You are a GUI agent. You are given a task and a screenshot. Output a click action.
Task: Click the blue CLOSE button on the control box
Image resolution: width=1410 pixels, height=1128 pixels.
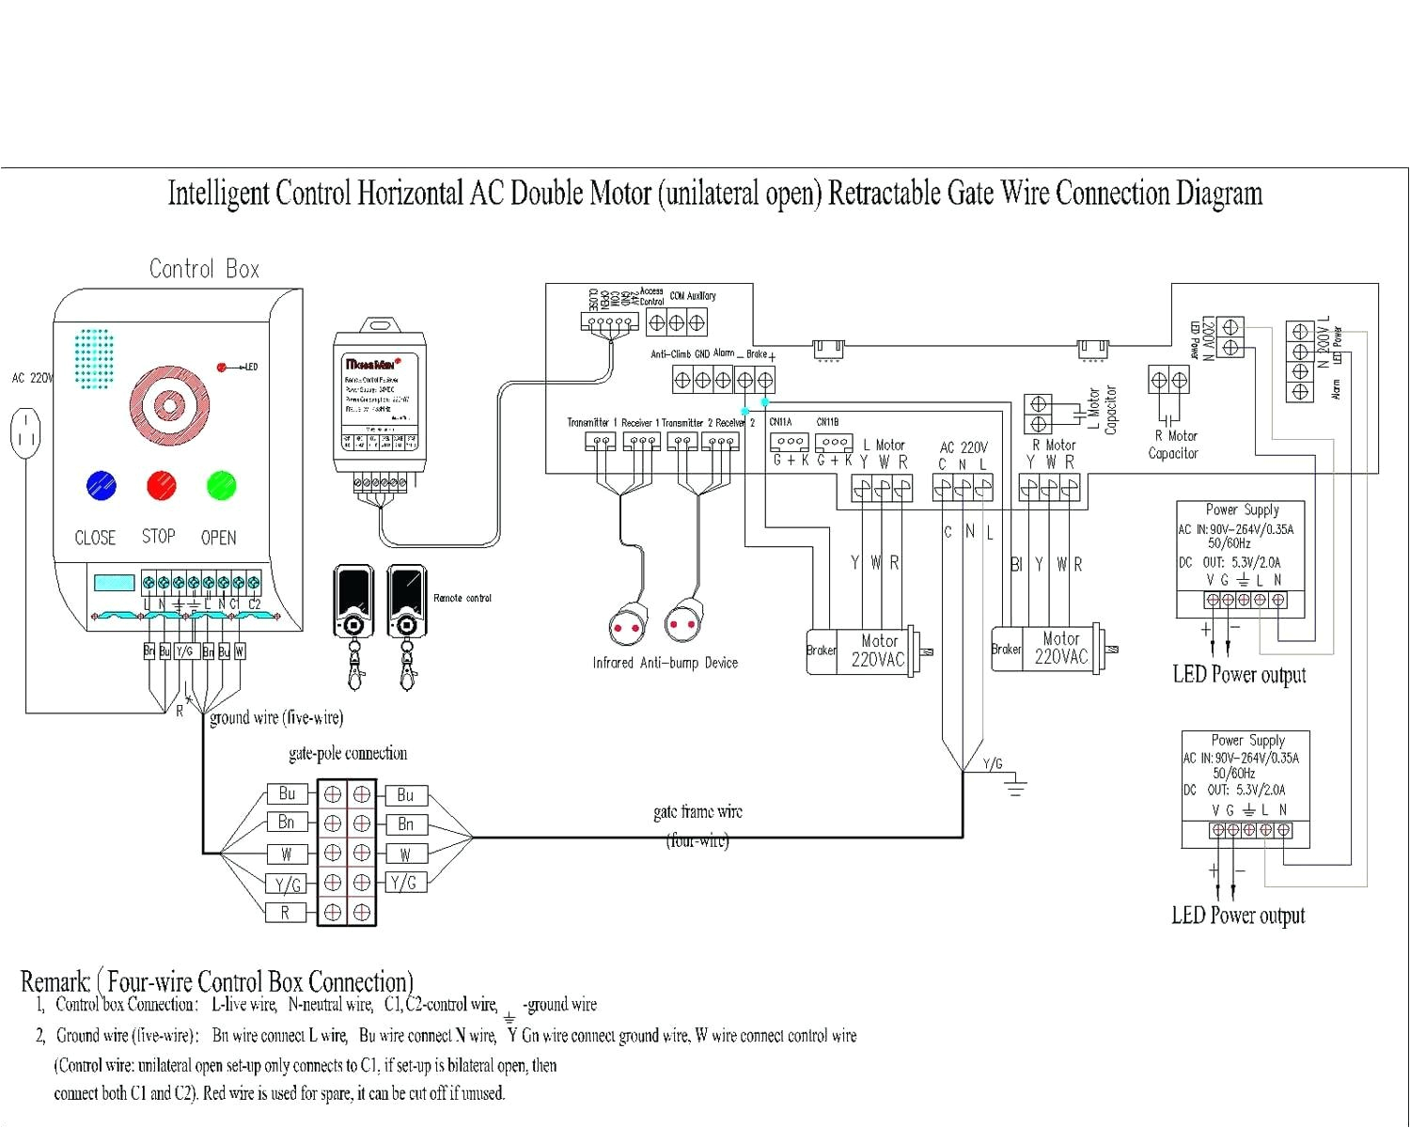point(101,486)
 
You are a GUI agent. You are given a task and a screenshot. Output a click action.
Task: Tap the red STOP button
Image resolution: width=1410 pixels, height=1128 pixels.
point(162,486)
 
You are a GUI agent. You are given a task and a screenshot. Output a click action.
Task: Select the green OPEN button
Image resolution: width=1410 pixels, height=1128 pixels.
point(221,486)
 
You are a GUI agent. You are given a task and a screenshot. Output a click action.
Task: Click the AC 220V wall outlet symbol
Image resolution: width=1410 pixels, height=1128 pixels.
point(25,433)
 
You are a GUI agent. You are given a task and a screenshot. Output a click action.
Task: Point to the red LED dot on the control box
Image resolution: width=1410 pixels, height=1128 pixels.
point(222,368)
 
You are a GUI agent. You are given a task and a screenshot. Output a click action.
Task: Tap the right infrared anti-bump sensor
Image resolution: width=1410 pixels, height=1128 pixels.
point(683,623)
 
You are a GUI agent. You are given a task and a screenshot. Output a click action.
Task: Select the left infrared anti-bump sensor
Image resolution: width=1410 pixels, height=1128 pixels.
point(627,627)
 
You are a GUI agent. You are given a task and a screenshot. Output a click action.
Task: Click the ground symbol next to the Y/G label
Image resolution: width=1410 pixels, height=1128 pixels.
point(1015,786)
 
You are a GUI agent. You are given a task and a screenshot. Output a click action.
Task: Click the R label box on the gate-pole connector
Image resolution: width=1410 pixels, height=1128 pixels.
point(285,913)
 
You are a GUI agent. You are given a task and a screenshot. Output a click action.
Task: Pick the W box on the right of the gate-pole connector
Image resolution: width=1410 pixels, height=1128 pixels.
point(405,854)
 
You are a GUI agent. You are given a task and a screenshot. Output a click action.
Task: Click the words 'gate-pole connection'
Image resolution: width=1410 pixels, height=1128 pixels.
point(348,754)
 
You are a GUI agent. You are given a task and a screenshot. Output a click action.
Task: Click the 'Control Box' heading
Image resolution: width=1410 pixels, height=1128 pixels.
point(204,270)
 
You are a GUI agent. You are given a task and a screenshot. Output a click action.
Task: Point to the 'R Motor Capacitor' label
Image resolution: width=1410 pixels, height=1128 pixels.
point(1174,445)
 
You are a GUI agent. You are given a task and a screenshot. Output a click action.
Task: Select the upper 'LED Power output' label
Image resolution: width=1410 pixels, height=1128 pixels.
point(1239,675)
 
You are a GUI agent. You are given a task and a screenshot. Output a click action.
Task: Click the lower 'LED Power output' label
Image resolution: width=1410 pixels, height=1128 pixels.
point(1238,916)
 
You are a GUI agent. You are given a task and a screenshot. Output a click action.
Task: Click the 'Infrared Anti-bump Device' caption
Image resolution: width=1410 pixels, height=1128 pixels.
point(665,664)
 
